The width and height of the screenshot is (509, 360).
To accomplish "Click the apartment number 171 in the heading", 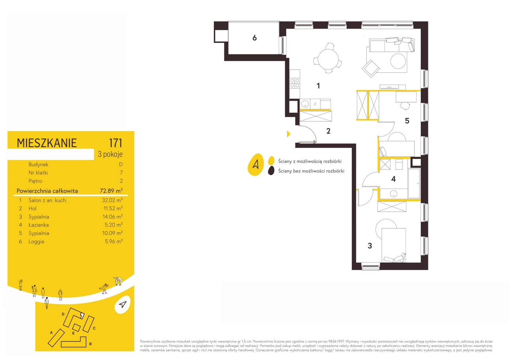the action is coord(116,143).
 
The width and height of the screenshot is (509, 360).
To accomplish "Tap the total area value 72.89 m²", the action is coord(111,191).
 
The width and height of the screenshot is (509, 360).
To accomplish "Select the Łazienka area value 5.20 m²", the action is coord(114,225).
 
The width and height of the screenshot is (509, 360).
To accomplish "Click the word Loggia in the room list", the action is coord(36,241).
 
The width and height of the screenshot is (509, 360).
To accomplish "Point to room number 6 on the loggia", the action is coord(254,38).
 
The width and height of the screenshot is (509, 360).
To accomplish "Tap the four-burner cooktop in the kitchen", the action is coord(295,83).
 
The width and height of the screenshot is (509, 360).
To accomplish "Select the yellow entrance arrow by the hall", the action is coord(289,134).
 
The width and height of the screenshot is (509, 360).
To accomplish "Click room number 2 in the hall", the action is coord(328,131).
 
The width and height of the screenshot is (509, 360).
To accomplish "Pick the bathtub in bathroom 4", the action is coord(414,183).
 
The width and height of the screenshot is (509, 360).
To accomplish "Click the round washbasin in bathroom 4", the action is coord(393,194).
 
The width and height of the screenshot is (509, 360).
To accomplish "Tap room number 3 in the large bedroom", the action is coord(370,246).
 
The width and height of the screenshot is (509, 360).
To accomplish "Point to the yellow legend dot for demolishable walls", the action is coord(271,160).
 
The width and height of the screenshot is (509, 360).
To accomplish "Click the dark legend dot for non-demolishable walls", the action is coord(271,171).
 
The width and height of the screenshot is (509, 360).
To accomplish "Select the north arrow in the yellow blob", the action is coord(256,165).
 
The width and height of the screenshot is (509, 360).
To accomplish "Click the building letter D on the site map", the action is coord(63,314).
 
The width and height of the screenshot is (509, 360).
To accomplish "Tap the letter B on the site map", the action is coord(90,344).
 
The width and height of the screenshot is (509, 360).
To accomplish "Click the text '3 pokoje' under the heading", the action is coord(110,154).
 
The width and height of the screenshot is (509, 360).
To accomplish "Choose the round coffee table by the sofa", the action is coord(398,61).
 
